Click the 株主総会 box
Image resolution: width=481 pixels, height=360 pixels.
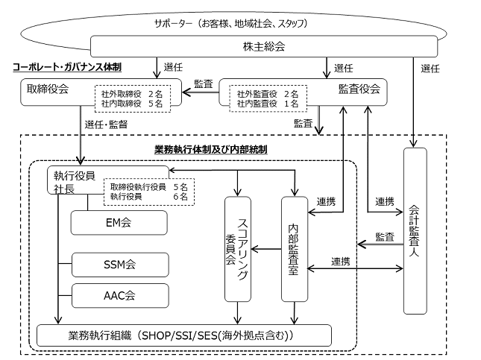point(264,46)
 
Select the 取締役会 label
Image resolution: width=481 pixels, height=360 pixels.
point(48,89)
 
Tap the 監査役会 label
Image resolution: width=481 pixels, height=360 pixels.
point(359,89)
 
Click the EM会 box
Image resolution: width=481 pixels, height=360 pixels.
point(119,223)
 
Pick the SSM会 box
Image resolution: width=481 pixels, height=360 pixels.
point(120,265)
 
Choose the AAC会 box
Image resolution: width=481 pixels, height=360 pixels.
point(120,296)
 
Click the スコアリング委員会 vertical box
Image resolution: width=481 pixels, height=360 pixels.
point(238,249)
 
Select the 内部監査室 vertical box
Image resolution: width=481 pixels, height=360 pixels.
point(295,249)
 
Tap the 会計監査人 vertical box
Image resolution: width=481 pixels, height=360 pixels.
point(415,231)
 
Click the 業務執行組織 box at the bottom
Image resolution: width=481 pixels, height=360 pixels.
point(184,335)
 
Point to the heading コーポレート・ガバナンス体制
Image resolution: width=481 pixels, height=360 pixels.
point(67,67)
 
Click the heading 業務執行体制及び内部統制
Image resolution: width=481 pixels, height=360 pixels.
point(211,150)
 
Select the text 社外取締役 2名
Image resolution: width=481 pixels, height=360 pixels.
point(132,94)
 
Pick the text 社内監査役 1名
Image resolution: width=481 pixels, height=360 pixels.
point(268,104)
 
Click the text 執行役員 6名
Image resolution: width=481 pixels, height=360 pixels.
point(149,196)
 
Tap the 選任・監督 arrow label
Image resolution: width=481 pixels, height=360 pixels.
point(106,124)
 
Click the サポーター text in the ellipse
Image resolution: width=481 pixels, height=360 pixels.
point(173,23)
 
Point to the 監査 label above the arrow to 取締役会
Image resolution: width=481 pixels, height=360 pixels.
point(204,84)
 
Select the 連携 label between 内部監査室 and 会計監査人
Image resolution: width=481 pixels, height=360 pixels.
point(341,262)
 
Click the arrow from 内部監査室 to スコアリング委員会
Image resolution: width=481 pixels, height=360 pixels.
point(266,249)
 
